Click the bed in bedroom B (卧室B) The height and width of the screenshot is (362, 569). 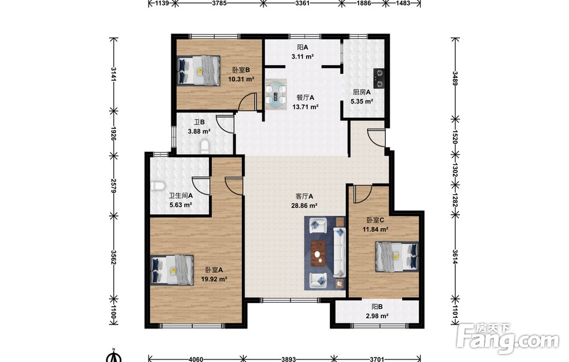199,70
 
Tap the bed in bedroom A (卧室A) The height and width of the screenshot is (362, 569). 172,270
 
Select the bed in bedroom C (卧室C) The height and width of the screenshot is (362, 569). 396,257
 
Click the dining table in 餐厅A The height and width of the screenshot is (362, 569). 276,94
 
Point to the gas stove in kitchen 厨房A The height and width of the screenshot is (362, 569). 378,79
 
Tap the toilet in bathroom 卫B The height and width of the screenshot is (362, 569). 205,147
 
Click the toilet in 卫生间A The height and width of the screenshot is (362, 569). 158,186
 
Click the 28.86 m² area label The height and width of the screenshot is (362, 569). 304,206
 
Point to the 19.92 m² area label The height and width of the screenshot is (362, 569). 214,279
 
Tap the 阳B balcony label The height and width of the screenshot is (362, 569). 377,306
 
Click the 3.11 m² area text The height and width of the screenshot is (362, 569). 302,56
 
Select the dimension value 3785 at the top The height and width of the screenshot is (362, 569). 219,3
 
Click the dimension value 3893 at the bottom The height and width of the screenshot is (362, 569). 288,359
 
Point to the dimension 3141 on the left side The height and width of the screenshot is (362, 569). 114,74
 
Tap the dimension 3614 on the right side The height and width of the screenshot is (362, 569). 455,257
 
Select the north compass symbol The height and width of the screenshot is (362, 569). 114,356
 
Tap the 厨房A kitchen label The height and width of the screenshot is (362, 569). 362,92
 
